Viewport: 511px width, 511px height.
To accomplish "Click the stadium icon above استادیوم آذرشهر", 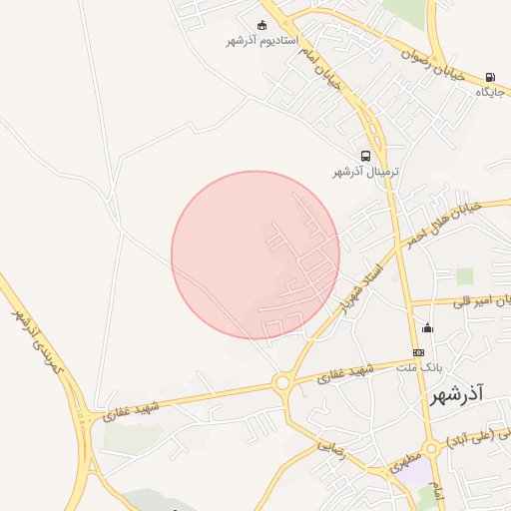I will point(261,26).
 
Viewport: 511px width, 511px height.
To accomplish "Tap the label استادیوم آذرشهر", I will point(260,42).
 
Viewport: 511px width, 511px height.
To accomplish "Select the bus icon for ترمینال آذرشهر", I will point(366,157).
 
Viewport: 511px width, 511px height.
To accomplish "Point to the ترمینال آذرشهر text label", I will point(365,172).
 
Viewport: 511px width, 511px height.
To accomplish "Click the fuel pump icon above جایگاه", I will point(489,78).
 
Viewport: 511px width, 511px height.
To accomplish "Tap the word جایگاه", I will point(488,92).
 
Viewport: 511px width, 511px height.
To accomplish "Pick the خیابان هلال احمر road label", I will point(443,224).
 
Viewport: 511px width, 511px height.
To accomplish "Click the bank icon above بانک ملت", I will point(418,352).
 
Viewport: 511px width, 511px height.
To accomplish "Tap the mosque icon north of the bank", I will point(428,328).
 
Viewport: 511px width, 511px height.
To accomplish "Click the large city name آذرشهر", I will point(456,396).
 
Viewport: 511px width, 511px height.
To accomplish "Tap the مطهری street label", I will point(403,460).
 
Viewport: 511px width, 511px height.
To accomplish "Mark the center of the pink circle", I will point(255,255).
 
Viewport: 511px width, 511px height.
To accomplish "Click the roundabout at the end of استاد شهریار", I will point(282,382).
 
